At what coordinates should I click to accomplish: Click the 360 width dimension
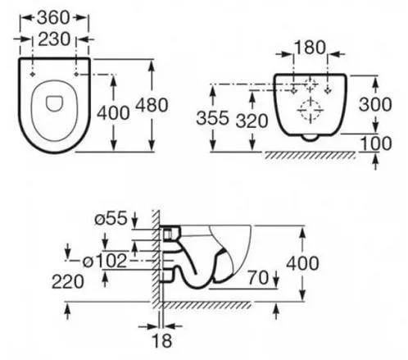[x=53, y=18]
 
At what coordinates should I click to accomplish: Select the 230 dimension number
[x=54, y=39]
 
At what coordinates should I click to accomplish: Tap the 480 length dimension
[x=152, y=105]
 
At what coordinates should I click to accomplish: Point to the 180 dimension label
[x=311, y=48]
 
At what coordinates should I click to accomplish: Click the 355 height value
[x=212, y=118]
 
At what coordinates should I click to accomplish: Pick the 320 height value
[x=252, y=121]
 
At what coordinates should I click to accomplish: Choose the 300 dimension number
[x=375, y=104]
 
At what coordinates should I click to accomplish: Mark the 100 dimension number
[x=376, y=143]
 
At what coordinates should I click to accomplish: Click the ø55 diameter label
[x=111, y=219]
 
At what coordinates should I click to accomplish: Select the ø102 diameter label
[x=105, y=261]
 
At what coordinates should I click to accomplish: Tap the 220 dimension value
[x=67, y=282]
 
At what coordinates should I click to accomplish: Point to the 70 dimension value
[x=258, y=277]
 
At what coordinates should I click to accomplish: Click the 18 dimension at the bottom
[x=163, y=340]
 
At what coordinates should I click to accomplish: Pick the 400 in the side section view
[x=302, y=263]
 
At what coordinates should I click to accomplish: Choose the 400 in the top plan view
[x=113, y=113]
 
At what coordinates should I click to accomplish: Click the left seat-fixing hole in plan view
[x=33, y=75]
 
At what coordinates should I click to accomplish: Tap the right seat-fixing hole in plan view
[x=76, y=75]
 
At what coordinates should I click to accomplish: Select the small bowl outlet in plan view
[x=54, y=104]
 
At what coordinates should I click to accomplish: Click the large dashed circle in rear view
[x=311, y=111]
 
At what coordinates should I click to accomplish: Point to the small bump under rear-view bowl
[x=311, y=139]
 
